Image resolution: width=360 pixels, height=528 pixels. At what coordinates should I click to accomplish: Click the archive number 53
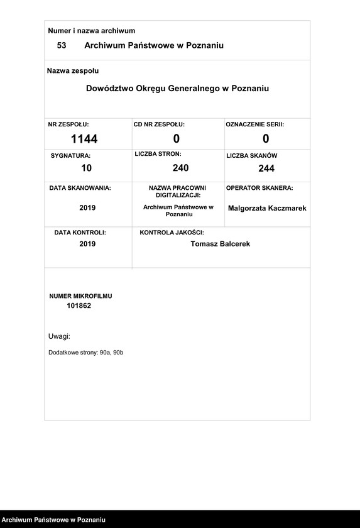[x=62, y=45]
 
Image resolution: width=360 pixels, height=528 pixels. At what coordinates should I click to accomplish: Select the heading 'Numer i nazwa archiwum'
[x=92, y=31]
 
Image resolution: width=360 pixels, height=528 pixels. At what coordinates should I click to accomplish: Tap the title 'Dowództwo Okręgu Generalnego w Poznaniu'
[x=177, y=89]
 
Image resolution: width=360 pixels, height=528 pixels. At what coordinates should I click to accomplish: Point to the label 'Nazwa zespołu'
[x=73, y=71]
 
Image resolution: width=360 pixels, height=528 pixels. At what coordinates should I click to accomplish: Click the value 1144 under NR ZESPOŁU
[x=84, y=139]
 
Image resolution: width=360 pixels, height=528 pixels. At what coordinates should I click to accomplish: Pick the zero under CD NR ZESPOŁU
[x=177, y=139]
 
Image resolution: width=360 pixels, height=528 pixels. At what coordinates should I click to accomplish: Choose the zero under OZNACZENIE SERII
[x=266, y=139]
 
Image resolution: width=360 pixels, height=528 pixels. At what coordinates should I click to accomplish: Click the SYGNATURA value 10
[x=87, y=168]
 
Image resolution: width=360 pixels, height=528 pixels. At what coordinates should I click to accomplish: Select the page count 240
[x=180, y=168]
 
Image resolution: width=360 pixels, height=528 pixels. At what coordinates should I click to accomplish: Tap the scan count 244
[x=266, y=168]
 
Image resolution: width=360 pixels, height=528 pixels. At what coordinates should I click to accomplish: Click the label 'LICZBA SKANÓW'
[x=252, y=155]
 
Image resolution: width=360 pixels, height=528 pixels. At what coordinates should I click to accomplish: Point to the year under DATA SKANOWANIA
[x=87, y=207]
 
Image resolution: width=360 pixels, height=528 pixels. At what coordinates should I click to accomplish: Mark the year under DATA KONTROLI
[x=87, y=244]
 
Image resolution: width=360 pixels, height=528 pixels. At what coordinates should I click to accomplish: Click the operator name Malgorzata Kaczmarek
[x=267, y=208]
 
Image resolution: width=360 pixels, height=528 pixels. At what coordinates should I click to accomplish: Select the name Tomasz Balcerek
[x=220, y=244]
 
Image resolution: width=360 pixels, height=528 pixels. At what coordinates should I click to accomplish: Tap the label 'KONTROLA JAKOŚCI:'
[x=172, y=233]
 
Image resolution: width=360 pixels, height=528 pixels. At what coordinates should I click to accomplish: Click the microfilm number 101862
[x=79, y=306]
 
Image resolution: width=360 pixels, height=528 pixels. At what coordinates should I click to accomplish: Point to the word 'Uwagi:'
[x=59, y=336]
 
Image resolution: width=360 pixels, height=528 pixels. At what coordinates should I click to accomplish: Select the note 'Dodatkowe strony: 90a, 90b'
[x=86, y=353]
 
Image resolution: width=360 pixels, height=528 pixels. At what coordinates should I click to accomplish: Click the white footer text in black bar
[x=53, y=520]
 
